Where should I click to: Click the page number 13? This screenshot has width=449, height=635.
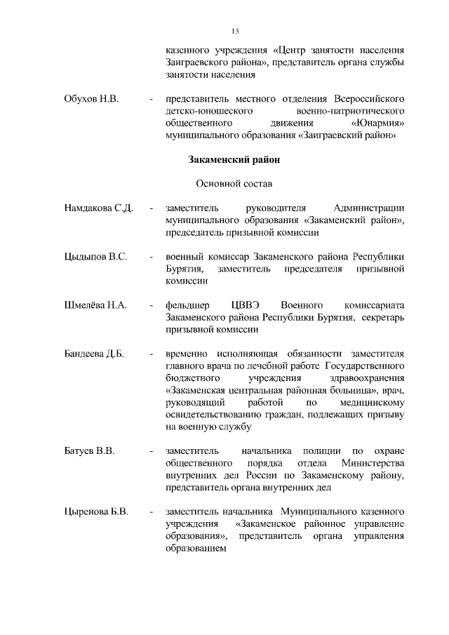[x=235, y=31]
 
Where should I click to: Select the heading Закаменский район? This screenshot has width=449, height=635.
[x=235, y=159]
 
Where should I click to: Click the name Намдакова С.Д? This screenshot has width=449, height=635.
[x=98, y=208]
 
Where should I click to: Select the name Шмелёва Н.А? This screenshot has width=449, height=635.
[x=95, y=305]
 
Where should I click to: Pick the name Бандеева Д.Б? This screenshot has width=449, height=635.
[x=94, y=354]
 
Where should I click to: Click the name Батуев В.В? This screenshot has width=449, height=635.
[x=89, y=450]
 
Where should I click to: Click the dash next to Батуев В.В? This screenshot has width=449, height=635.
[x=152, y=450]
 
